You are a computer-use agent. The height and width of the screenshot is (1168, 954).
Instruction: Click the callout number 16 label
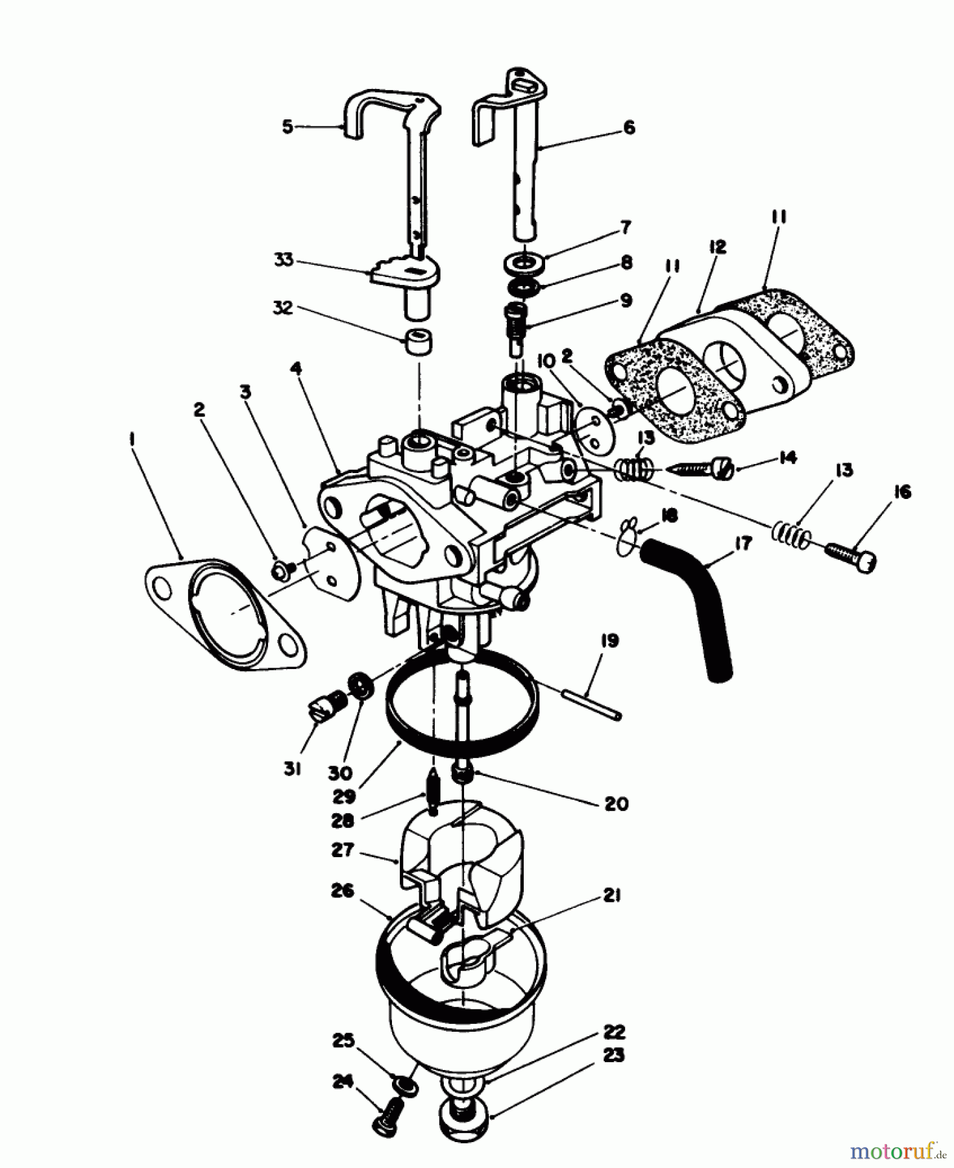pos(902,492)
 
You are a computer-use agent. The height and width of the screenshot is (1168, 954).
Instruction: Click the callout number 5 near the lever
pos(287,126)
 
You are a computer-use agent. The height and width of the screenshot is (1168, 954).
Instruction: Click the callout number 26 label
pos(342,891)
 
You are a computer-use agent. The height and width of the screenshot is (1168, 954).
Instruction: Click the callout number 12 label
pos(716,247)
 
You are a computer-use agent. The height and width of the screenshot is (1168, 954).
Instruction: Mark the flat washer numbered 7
pos(523,264)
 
